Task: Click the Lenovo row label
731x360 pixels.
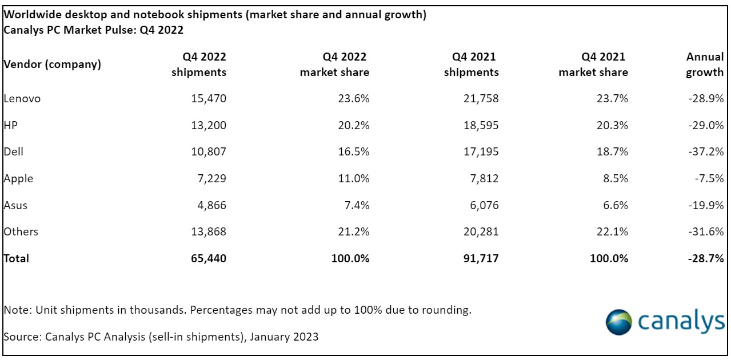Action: tap(22, 98)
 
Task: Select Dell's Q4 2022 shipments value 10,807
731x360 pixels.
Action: tap(209, 151)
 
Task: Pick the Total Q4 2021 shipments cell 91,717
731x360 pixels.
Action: tap(481, 258)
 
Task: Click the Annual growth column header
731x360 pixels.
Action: tap(705, 65)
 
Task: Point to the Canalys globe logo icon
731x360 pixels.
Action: tap(619, 321)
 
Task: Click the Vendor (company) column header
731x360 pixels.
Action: tap(53, 64)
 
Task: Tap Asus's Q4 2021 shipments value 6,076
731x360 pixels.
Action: tap(484, 205)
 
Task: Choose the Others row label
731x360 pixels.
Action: tap(21, 231)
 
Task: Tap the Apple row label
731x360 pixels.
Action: tap(19, 178)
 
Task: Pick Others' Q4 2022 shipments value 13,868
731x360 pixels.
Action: tap(209, 231)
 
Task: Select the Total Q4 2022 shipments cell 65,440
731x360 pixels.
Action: tap(209, 258)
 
